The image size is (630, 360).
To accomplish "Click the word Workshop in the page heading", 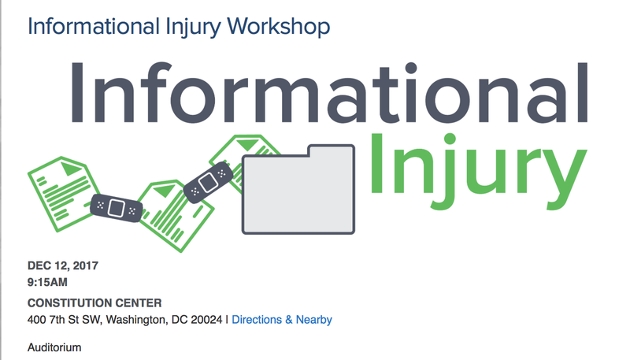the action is [x=279, y=27].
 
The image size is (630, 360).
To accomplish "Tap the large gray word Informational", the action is [x=329, y=92].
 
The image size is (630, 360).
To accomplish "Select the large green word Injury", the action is [x=478, y=171].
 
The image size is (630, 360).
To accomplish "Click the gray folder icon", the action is [x=298, y=189].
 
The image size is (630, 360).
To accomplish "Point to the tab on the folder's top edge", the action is [x=331, y=150].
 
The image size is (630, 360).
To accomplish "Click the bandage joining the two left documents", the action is [x=116, y=208].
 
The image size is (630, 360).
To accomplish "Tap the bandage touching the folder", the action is [x=208, y=183].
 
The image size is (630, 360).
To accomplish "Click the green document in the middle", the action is [x=176, y=216].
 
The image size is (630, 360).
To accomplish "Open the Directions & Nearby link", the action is [x=282, y=320].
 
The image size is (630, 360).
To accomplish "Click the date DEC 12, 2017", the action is [x=63, y=265].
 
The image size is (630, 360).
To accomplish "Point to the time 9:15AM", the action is [x=47, y=283].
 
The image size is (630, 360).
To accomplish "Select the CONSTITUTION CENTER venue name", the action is [x=94, y=303].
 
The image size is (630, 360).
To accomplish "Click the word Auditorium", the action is [x=54, y=347].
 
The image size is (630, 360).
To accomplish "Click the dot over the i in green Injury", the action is [x=449, y=139].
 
